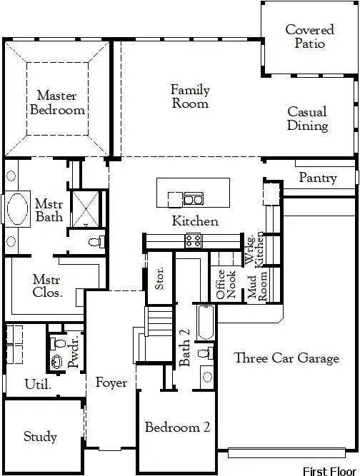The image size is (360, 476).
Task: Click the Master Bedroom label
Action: (x=61, y=102)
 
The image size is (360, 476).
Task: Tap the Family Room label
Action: (x=190, y=96)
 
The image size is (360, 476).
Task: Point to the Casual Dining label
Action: (x=308, y=118)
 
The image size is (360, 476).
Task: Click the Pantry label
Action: (x=318, y=177)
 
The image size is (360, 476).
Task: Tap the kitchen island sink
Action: (x=192, y=198)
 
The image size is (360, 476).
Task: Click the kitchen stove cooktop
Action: (x=193, y=240)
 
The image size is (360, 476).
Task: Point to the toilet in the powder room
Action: (x=58, y=346)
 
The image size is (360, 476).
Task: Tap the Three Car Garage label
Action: (x=286, y=358)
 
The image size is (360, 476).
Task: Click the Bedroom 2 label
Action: (x=177, y=427)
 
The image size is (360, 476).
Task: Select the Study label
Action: (x=40, y=436)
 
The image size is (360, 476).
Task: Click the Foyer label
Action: (x=111, y=383)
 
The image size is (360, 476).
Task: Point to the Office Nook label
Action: (x=226, y=283)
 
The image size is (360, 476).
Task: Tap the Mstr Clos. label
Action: (x=48, y=285)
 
